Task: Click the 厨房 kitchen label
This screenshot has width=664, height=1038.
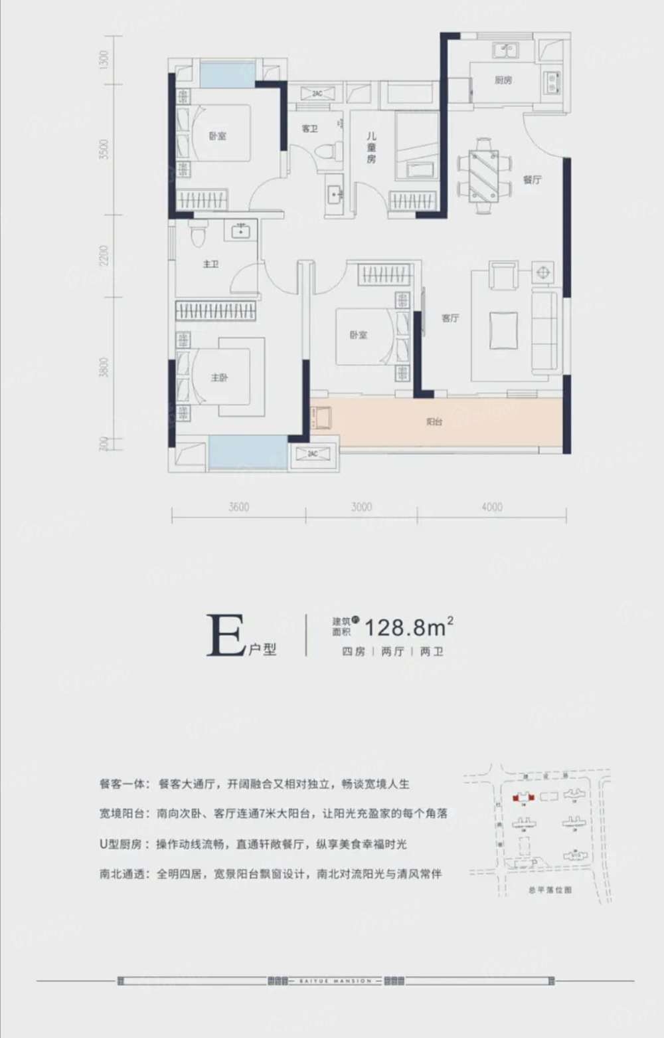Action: pos(503,80)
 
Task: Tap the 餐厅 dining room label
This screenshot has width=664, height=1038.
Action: pos(532,179)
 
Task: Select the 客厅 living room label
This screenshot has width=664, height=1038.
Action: pos(450,318)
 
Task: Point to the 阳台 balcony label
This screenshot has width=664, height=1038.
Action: pos(434,422)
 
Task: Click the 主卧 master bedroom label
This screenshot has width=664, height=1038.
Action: pos(219,377)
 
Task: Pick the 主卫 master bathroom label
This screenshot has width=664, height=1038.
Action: pos(210,264)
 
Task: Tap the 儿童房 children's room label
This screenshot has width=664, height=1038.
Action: pos(371,148)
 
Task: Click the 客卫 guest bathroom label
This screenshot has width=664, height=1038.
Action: pos(309,128)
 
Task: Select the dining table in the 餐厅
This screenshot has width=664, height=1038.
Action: pos(483,176)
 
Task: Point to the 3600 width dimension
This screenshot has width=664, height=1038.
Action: pos(238,507)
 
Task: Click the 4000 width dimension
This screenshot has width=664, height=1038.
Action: pos(492,507)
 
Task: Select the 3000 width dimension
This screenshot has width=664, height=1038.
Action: pos(361,507)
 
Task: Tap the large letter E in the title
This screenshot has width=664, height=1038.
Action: pos(226,636)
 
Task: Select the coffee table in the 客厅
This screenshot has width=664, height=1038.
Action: pos(504,331)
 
